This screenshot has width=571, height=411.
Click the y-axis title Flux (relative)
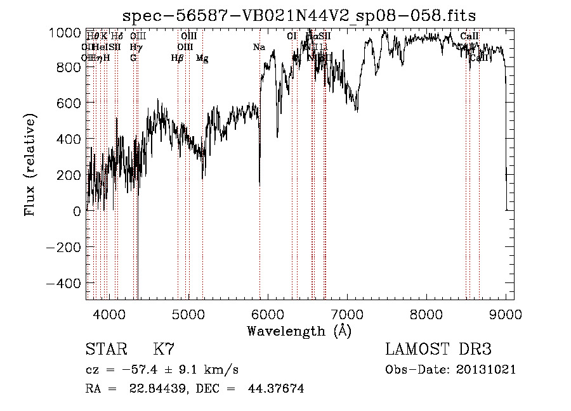coord(30,165)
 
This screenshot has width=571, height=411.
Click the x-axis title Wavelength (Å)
coord(299,331)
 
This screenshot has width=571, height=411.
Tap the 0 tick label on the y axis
coord(77,212)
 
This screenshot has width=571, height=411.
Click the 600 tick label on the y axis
coord(69,104)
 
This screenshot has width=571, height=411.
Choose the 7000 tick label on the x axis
coord(347,313)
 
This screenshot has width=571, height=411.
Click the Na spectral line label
coord(259,47)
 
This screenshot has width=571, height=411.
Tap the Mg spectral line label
coord(202,58)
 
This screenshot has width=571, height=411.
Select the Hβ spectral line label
coord(177,58)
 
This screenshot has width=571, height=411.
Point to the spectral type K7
coord(164,350)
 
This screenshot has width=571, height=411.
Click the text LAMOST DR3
coord(438,350)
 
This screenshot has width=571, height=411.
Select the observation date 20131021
coord(486,370)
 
